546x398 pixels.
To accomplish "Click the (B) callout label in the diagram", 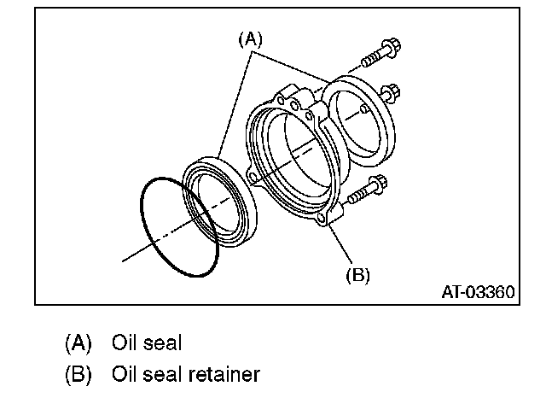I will click(357, 275).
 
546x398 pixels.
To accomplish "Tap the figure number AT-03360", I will click(477, 292).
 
